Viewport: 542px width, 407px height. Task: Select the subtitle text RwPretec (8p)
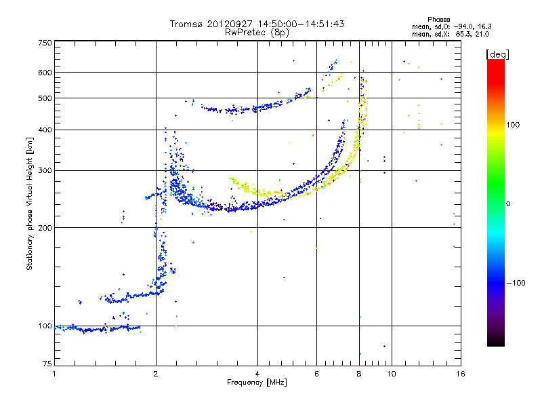point(257,33)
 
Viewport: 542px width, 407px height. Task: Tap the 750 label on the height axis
point(45,43)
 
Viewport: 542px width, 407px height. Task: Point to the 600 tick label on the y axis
point(45,73)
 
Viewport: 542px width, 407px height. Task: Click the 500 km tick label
point(45,98)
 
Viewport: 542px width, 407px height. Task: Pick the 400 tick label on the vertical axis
point(45,130)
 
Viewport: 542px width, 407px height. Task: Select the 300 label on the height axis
point(45,170)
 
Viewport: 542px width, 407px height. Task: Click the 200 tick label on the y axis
point(45,228)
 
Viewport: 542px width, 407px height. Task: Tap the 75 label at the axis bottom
point(47,364)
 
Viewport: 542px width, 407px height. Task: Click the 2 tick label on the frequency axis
point(156,374)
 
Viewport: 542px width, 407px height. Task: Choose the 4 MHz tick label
point(257,374)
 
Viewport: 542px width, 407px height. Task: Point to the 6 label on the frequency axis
point(316,374)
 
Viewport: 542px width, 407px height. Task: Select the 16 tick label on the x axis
point(461,374)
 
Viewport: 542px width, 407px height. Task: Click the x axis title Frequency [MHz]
point(257,383)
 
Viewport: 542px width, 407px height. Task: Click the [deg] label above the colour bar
point(497,54)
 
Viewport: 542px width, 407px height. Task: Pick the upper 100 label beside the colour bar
point(513,125)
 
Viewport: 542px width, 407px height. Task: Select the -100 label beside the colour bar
point(516,283)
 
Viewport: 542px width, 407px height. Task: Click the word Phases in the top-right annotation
point(438,20)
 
